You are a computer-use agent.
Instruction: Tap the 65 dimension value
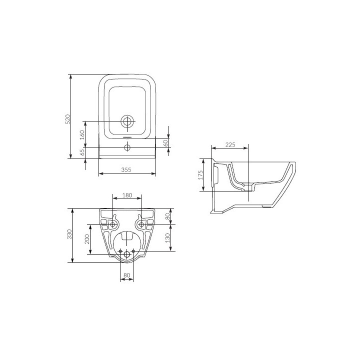[x=82, y=152]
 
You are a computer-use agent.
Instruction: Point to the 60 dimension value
[x=165, y=142]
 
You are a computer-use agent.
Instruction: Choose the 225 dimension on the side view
[x=229, y=144]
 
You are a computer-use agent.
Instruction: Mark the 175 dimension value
[x=199, y=175]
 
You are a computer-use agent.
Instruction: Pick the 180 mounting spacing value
[x=127, y=195]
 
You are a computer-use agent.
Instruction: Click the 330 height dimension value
[x=70, y=234]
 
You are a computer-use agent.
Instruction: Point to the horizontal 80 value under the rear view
[x=126, y=275]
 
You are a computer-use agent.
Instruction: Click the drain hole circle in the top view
[x=127, y=121]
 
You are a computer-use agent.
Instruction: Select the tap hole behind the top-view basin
[x=127, y=147]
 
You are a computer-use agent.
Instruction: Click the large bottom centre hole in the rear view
[x=127, y=254]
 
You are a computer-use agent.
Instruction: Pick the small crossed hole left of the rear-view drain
[x=120, y=250]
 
